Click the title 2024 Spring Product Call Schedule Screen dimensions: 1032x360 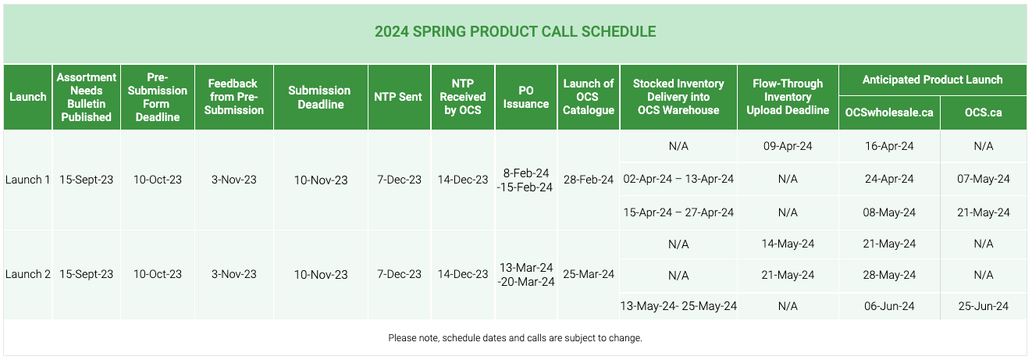pyautogui.click(x=515, y=31)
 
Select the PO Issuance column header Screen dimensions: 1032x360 pyautogui.click(x=525, y=97)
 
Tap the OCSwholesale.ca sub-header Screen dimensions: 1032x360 pyautogui.click(x=888, y=112)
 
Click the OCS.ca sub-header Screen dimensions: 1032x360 pyautogui.click(x=983, y=112)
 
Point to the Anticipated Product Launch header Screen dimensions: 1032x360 pyautogui.click(x=933, y=80)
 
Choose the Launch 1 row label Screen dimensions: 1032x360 pyautogui.click(x=27, y=180)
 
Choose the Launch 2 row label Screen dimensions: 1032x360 pyautogui.click(x=27, y=274)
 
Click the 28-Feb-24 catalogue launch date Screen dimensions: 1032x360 pyautogui.click(x=589, y=180)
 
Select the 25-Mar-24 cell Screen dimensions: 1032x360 pyautogui.click(x=589, y=274)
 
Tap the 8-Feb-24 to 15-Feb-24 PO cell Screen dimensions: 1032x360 pyautogui.click(x=525, y=180)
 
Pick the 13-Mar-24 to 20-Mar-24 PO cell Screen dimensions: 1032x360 pyautogui.click(x=525, y=274)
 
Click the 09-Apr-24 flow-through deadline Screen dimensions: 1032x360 pyautogui.click(x=788, y=146)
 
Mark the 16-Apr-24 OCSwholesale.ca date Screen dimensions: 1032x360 pyautogui.click(x=888, y=146)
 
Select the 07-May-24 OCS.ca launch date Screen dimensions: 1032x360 pyautogui.click(x=983, y=179)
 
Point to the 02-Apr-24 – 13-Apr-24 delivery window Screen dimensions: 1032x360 pyautogui.click(x=678, y=179)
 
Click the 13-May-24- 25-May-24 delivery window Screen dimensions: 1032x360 pyautogui.click(x=678, y=306)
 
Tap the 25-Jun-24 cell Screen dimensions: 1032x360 pyautogui.click(x=983, y=306)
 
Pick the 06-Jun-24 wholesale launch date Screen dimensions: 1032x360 pyautogui.click(x=888, y=306)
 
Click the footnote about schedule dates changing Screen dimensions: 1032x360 pyautogui.click(x=515, y=338)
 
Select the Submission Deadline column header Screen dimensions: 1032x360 pyautogui.click(x=320, y=97)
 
